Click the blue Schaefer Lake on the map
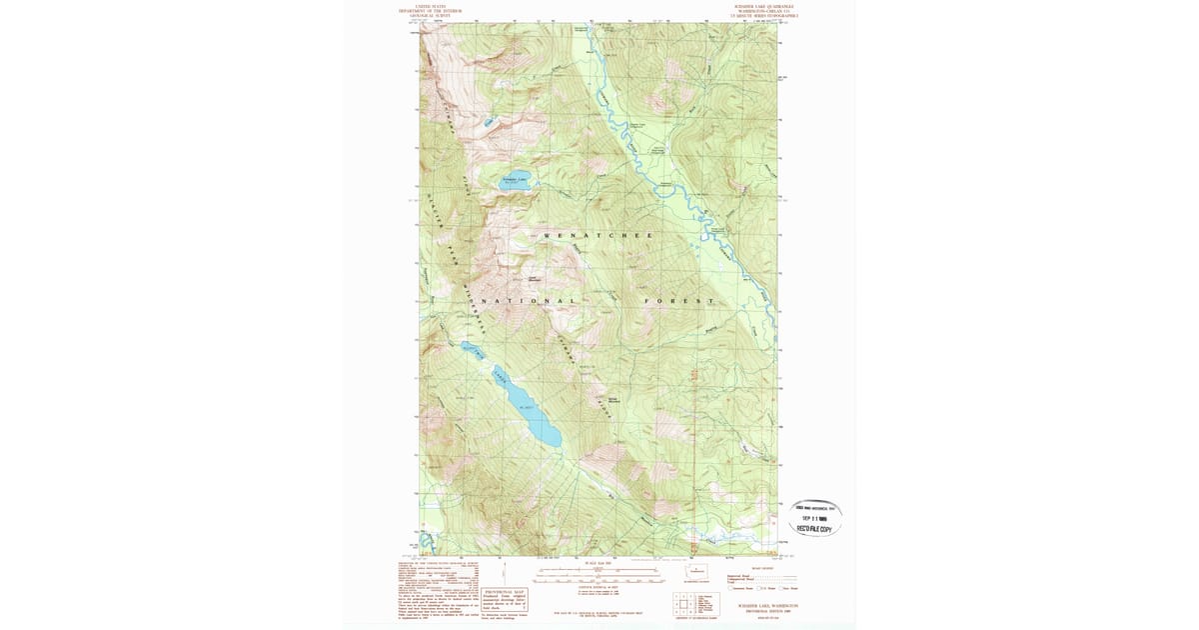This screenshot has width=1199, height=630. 516,182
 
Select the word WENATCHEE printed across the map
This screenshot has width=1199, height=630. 598,236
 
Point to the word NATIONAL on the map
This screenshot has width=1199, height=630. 530,301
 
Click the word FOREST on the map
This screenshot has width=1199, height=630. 679,301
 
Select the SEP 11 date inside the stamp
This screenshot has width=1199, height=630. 814,517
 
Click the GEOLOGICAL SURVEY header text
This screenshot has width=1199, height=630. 431,15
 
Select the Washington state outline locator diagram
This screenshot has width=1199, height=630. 697,572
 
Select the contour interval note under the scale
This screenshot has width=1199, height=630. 598,589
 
